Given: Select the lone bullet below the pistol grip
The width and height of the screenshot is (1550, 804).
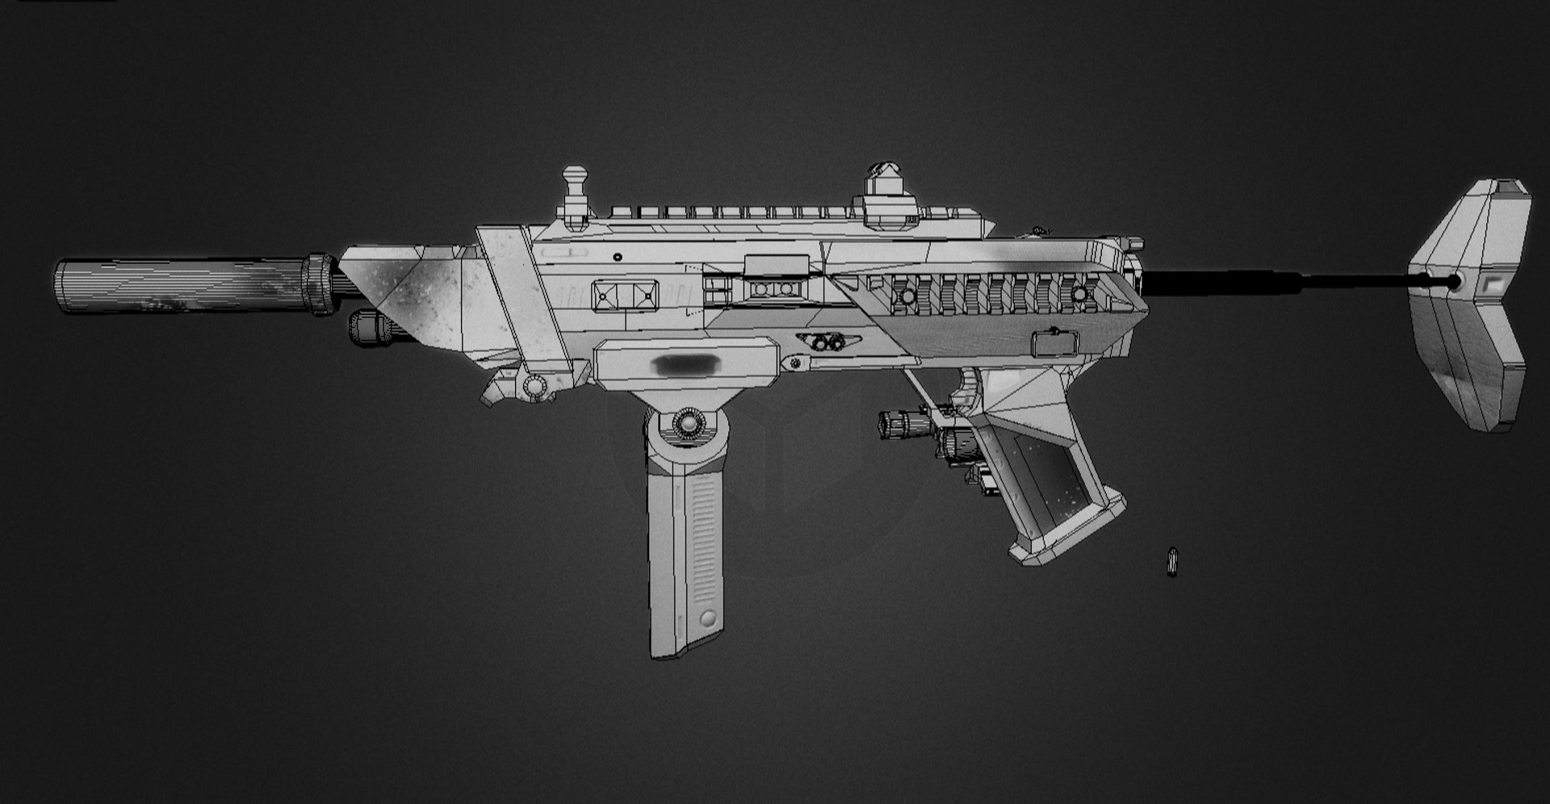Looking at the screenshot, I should point(1172,561).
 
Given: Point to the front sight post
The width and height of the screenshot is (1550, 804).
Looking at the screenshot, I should point(575,194).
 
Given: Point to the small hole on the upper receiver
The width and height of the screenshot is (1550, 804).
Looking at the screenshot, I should point(618,257).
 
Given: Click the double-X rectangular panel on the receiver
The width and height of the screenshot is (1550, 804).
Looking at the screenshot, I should point(624,295).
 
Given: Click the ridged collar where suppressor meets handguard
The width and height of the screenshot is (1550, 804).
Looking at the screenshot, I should point(320,284).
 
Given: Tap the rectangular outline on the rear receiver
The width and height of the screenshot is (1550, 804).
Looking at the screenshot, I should point(1054,344).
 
